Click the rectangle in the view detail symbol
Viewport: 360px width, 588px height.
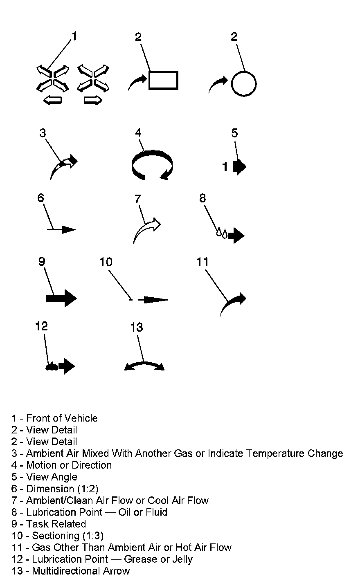pyautogui.click(x=163, y=80)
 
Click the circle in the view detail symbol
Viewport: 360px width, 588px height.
pyautogui.click(x=244, y=84)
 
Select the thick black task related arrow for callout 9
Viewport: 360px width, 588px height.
pyautogui.click(x=61, y=298)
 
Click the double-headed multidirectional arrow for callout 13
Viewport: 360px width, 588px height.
pyautogui.click(x=144, y=365)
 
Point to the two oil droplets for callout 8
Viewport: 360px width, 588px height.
pyautogui.click(x=221, y=233)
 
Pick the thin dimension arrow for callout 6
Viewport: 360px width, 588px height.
pyautogui.click(x=61, y=230)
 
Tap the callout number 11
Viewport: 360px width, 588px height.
pyautogui.click(x=202, y=262)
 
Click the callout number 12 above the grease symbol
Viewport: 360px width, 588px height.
pyautogui.click(x=41, y=326)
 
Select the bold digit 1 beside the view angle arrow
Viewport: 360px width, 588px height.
pyautogui.click(x=225, y=167)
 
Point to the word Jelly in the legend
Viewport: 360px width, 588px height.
pyautogui.click(x=181, y=559)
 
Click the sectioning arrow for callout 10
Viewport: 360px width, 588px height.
pyautogui.click(x=153, y=300)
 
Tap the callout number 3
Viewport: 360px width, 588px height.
pyautogui.click(x=43, y=133)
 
